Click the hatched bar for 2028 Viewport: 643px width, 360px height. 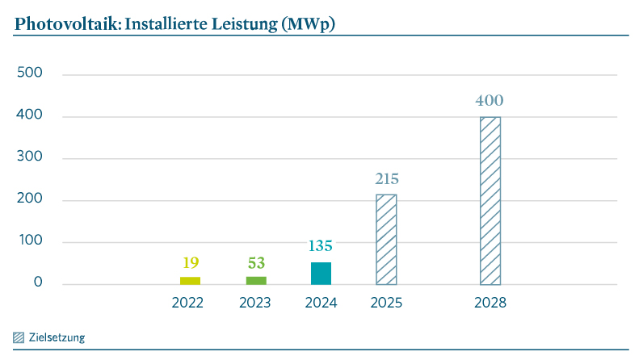[490, 200]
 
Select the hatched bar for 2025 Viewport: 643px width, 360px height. [386, 239]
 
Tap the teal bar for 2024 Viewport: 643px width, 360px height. [321, 273]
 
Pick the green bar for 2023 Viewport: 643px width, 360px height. [256, 280]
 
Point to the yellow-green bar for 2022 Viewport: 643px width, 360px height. [190, 280]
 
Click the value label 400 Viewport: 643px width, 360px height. [490, 102]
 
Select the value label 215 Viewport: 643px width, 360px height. [386, 179]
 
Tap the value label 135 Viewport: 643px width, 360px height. [321, 246]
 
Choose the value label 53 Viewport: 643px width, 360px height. [256, 262]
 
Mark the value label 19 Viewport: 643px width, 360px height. [190, 262]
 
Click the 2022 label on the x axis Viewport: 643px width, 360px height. [187, 303]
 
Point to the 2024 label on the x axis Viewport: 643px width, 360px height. [321, 303]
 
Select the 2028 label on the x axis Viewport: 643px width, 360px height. [490, 303]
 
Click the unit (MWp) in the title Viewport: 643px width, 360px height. [307, 24]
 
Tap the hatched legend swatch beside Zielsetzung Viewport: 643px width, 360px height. [19, 337]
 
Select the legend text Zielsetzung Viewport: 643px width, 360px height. [57, 337]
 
